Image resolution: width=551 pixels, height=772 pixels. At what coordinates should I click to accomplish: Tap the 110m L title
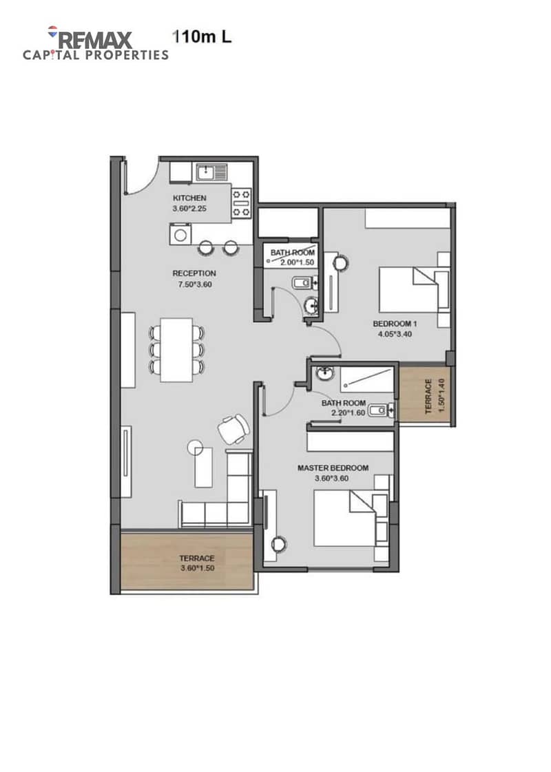(202, 36)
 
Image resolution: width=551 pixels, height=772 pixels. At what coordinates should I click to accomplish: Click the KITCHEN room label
(189, 198)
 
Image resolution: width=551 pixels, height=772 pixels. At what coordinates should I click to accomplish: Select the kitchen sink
(211, 173)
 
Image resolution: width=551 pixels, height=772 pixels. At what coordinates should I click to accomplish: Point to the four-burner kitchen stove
(241, 202)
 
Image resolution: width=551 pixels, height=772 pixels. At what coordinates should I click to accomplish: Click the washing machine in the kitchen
(180, 234)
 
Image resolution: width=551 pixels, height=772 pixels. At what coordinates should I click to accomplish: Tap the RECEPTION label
(194, 273)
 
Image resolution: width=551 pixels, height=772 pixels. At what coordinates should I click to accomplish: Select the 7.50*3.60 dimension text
(194, 284)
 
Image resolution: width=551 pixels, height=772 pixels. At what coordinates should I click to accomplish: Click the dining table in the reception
(176, 350)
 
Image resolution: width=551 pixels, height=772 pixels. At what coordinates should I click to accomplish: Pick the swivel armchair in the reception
(233, 429)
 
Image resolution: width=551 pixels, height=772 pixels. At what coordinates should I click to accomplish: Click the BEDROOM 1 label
(395, 324)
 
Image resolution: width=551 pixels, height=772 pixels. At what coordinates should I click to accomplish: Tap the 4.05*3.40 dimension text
(395, 334)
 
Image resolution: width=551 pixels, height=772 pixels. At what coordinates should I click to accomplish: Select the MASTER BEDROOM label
(333, 468)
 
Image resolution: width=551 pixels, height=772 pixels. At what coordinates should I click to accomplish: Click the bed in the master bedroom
(351, 518)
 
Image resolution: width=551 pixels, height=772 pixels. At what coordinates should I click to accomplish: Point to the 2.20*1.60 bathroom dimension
(348, 413)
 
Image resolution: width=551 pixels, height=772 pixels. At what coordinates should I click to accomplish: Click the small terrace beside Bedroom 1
(424, 394)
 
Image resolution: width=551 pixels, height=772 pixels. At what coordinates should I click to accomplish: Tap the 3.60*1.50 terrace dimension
(197, 568)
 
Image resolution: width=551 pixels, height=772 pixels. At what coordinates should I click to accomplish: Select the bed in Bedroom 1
(414, 290)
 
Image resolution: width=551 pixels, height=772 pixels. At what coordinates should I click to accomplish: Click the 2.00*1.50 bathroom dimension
(297, 262)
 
